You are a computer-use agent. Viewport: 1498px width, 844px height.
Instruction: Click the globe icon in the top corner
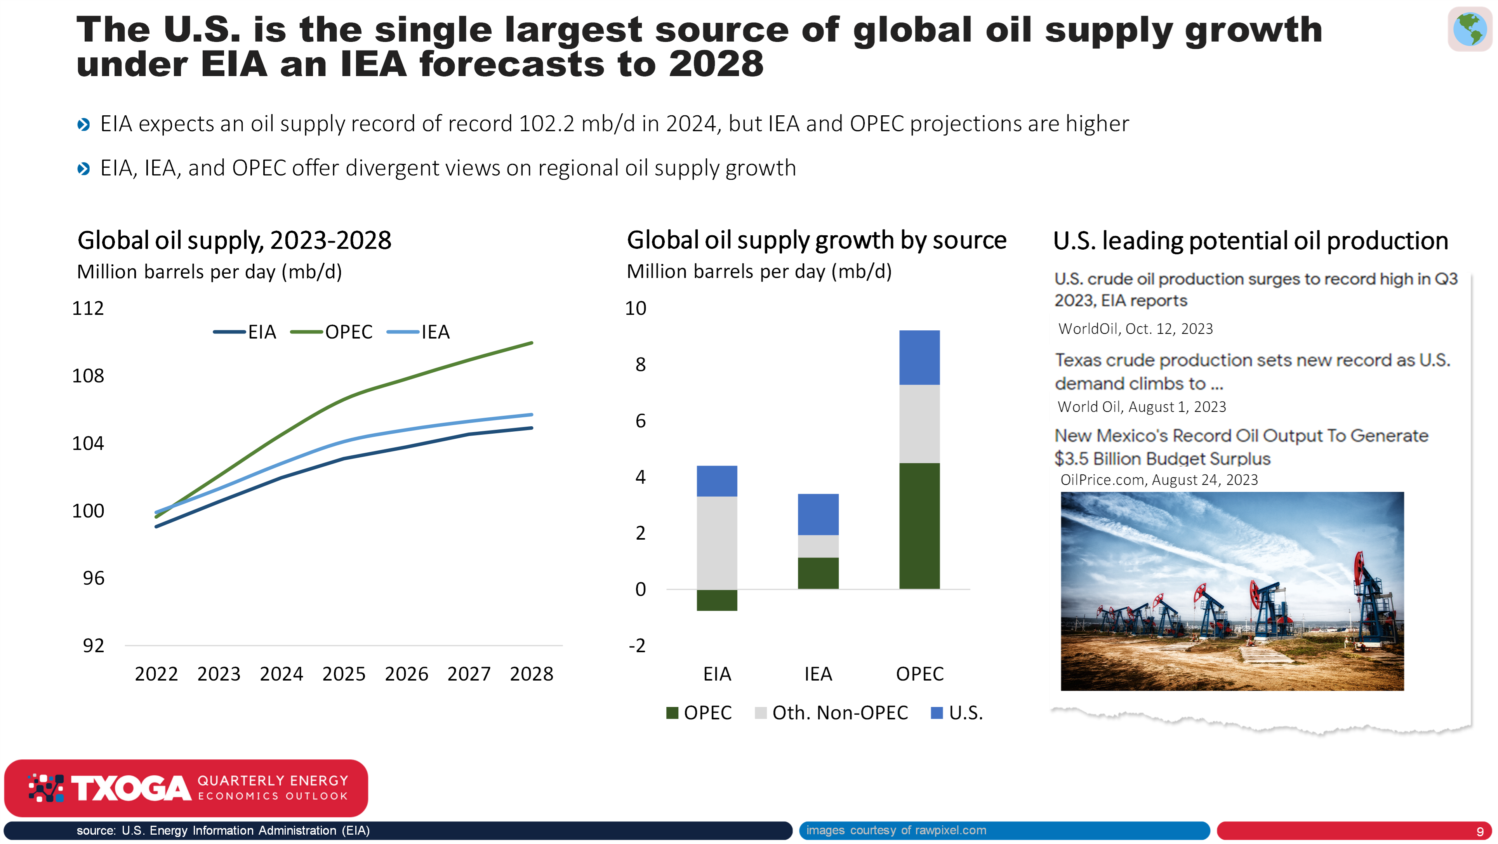point(1470,29)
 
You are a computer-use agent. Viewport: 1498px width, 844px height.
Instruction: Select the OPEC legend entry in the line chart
point(332,332)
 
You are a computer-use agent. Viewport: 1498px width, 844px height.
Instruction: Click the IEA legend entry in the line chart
point(418,332)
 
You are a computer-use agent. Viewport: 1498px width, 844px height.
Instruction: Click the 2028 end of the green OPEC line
point(532,343)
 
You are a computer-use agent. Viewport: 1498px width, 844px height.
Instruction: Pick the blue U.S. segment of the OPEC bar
point(919,358)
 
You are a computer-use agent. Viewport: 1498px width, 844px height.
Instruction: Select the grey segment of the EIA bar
point(717,543)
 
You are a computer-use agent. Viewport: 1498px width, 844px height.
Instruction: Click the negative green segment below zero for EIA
point(717,600)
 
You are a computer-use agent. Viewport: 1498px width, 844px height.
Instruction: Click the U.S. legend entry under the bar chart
point(957,713)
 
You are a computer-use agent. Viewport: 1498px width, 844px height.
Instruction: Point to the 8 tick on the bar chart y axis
point(640,365)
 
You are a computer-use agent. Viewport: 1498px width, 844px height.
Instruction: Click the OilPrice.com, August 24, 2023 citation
point(1159,480)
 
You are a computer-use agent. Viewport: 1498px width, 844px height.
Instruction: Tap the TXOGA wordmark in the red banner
point(131,788)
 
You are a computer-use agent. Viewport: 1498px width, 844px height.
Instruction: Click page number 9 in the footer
point(1480,831)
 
